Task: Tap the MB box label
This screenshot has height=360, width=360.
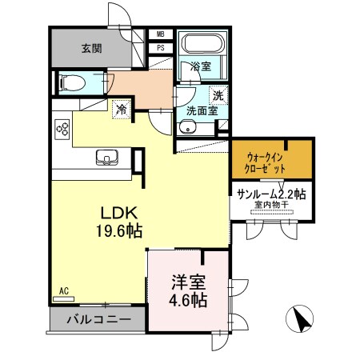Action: click(160, 34)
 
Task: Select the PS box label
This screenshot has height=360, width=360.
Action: click(160, 47)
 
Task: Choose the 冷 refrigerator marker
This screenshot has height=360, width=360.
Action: click(121, 109)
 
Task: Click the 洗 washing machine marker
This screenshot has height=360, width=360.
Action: click(218, 94)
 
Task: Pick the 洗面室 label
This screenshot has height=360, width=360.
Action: click(202, 111)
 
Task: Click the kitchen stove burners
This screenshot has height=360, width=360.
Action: click(62, 127)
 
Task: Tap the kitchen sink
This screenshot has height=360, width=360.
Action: click(104, 155)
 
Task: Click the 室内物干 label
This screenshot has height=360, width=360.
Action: click(270, 206)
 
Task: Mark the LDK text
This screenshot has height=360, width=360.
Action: click(120, 214)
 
